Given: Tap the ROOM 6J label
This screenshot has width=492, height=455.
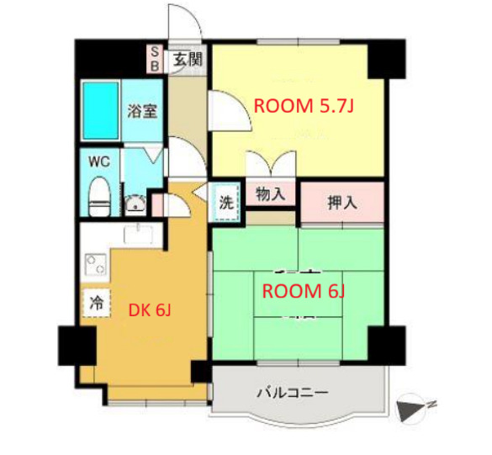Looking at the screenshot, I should (x=304, y=292).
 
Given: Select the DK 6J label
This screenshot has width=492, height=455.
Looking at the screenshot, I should (x=150, y=310).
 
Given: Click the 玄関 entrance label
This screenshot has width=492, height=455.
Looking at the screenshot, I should (x=188, y=59).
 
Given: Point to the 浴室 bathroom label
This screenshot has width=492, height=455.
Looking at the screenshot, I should (x=142, y=110).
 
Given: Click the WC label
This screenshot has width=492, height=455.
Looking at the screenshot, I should (x=99, y=159).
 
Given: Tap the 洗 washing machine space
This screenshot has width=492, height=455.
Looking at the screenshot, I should (x=226, y=203).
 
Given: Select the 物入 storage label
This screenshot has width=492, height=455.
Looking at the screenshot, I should (x=270, y=194).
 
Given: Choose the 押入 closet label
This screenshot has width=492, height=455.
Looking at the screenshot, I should (x=341, y=203).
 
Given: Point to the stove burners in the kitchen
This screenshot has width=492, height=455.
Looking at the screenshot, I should (x=95, y=267).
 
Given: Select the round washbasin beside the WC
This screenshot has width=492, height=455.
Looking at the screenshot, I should (x=135, y=203).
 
